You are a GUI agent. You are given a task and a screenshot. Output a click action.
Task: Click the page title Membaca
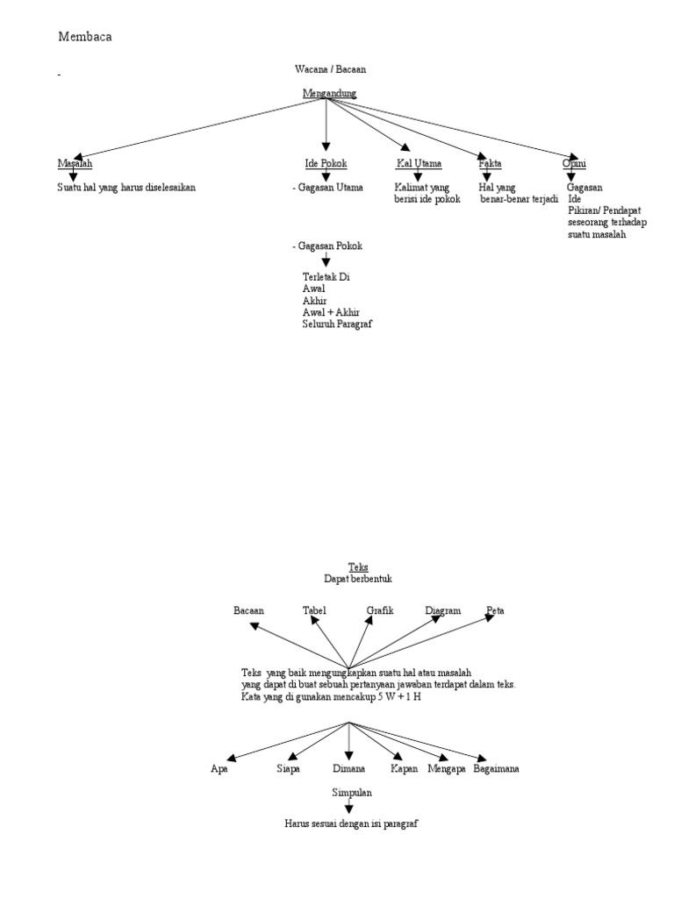[x=85, y=37]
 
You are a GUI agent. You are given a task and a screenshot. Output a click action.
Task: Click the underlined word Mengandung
[x=329, y=93]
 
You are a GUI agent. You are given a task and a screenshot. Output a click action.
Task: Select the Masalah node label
[x=75, y=163]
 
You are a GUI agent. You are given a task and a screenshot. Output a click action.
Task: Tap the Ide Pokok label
[x=326, y=163]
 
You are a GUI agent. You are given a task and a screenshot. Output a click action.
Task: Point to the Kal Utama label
[x=418, y=163]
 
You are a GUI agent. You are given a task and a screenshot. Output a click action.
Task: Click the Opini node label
[x=574, y=163]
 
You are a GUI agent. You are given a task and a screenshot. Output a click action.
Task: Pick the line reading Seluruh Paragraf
[x=338, y=324]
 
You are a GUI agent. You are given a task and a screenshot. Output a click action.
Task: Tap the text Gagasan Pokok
[x=329, y=246]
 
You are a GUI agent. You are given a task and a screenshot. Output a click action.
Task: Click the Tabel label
[x=314, y=609]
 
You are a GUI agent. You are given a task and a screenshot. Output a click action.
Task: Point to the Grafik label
[x=380, y=609]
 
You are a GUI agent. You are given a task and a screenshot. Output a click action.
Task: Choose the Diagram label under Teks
[x=442, y=609]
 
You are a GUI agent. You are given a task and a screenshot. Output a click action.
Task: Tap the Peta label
[x=495, y=609]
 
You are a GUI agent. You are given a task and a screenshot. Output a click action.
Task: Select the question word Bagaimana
[x=496, y=768]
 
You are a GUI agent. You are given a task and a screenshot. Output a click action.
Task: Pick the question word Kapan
[x=405, y=768]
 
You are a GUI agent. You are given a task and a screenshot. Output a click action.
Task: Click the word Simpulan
[x=352, y=792]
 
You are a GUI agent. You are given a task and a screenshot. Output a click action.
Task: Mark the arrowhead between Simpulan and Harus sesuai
[x=350, y=809]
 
